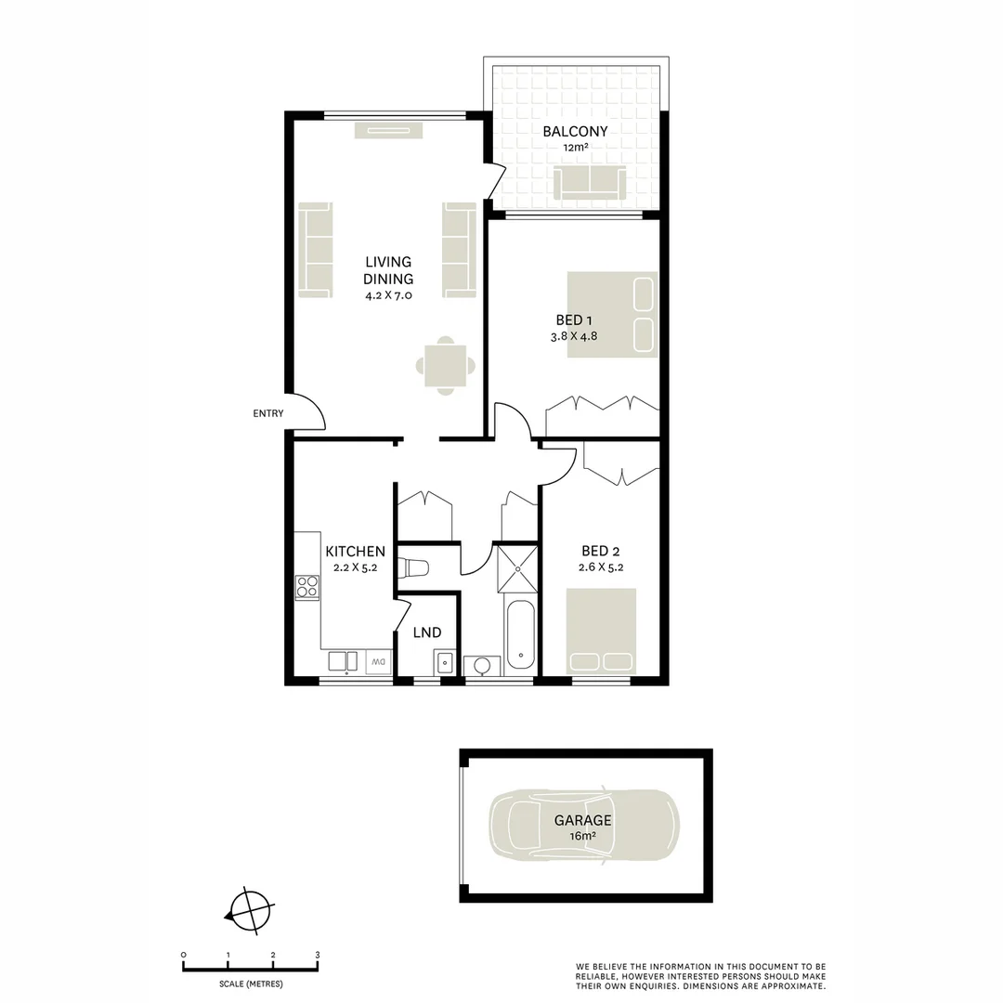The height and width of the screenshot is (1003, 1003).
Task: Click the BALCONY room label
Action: [575, 131]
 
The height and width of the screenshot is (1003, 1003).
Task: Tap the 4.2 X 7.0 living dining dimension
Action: [388, 295]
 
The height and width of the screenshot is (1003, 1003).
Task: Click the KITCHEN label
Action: [355, 552]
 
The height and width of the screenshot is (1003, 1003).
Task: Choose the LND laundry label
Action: [427, 633]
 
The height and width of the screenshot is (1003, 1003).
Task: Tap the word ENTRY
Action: [268, 414]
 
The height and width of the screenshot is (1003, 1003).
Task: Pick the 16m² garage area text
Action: [583, 836]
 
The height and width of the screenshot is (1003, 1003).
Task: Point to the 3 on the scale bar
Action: [318, 955]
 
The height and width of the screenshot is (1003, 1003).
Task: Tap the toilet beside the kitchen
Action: [411, 567]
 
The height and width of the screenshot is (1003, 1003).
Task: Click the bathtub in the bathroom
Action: [520, 635]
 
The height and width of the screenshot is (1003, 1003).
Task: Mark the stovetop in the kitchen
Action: [306, 587]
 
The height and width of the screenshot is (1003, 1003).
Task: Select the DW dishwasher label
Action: [379, 661]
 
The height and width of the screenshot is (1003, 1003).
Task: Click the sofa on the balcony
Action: [589, 183]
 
